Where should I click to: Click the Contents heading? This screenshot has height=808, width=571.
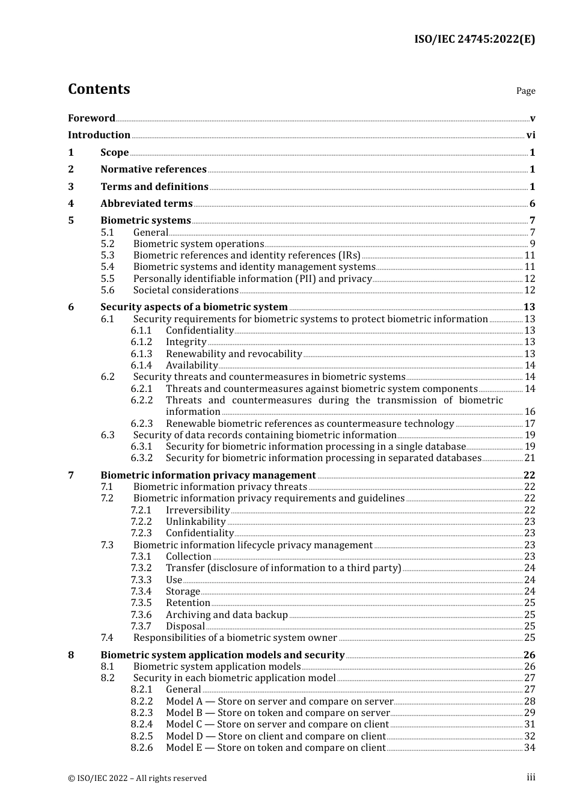(99, 89)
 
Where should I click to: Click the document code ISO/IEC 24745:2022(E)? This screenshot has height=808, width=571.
(474, 39)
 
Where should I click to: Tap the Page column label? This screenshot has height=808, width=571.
(525, 91)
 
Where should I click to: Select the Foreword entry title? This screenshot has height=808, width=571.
(91, 118)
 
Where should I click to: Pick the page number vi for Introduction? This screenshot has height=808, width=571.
(531, 135)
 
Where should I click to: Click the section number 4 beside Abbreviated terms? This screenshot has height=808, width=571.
(71, 204)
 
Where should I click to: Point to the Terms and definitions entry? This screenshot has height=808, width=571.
(154, 187)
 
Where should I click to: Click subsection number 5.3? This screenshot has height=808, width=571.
(108, 256)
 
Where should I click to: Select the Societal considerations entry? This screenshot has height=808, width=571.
(186, 290)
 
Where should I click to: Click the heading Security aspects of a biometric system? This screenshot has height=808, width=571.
(194, 307)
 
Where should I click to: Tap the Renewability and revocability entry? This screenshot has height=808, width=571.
(234, 354)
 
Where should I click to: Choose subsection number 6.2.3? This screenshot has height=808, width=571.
(142, 424)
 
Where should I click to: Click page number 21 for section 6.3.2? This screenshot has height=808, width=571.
(530, 458)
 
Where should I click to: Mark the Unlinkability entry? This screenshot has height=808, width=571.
(195, 522)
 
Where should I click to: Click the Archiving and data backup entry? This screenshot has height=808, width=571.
(227, 615)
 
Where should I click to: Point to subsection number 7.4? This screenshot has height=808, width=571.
(107, 638)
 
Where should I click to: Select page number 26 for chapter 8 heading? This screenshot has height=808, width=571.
(529, 655)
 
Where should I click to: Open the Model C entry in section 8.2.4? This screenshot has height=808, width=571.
(277, 724)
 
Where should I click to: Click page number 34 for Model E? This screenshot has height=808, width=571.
(530, 748)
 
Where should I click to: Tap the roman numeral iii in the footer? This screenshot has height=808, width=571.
(531, 777)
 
